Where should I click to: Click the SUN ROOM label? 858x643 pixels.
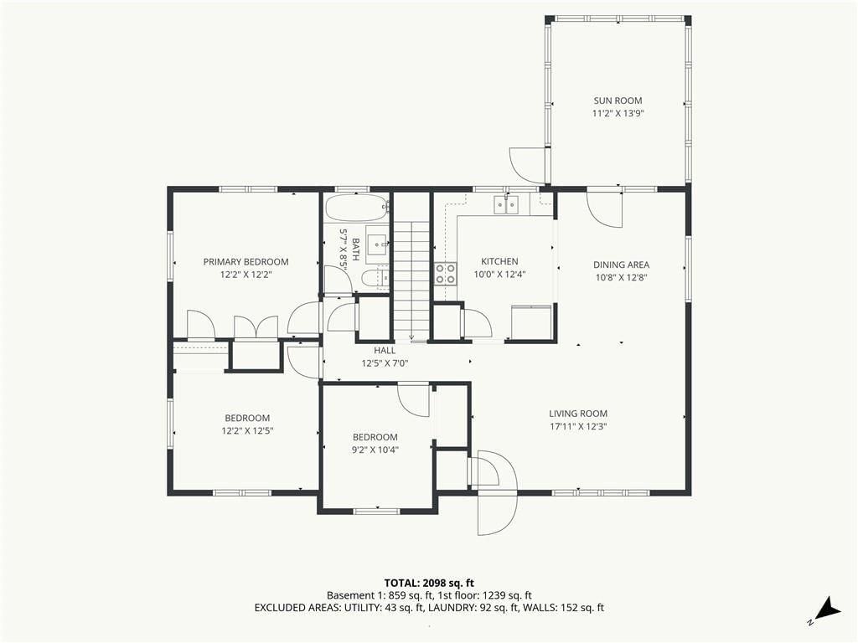tap(618, 100)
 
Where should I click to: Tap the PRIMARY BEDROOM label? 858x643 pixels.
tap(246, 262)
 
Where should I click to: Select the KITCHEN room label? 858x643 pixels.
tap(499, 261)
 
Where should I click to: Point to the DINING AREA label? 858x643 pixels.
tap(621, 265)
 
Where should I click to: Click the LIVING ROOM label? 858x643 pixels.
tap(578, 414)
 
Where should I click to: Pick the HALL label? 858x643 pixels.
tap(385, 351)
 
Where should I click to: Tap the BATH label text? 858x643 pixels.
tap(355, 249)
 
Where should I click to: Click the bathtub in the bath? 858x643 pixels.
tap(357, 208)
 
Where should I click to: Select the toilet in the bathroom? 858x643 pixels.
tap(375, 278)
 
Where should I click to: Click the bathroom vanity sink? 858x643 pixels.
tap(377, 242)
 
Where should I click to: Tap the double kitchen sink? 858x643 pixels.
tap(506, 205)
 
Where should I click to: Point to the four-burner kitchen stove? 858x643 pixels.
tap(446, 274)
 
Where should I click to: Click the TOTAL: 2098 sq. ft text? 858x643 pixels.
tap(429, 583)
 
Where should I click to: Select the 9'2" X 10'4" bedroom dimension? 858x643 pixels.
tap(375, 450)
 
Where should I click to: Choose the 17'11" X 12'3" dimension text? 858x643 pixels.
tap(578, 427)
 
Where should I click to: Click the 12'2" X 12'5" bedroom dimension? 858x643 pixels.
tap(247, 431)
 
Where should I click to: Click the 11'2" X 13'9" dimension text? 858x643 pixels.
tap(618, 114)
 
